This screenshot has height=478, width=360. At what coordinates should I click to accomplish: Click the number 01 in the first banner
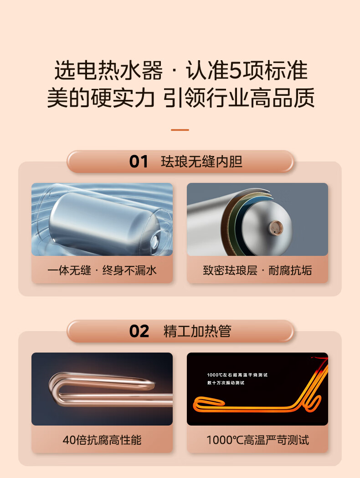139,161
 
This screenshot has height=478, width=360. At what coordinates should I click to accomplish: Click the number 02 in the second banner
139,332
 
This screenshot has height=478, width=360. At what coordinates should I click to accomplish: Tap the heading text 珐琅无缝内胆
201,161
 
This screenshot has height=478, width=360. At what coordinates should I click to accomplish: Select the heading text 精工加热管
197,332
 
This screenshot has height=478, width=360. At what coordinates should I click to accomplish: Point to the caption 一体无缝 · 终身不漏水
102,270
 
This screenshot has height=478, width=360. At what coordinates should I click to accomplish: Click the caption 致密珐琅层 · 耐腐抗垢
257,270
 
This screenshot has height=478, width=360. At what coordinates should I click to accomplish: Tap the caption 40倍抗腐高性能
102,440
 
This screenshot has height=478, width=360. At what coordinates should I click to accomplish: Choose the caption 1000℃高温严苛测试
257,440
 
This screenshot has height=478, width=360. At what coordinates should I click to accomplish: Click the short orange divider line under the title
180,130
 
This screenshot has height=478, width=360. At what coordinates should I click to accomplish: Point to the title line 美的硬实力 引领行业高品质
181,98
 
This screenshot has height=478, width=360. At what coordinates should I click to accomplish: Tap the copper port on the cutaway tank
276,228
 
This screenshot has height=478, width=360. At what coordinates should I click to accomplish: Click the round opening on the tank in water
155,241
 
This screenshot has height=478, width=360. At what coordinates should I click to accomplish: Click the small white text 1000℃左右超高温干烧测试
237,375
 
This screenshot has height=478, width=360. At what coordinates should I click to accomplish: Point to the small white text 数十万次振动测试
226,383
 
